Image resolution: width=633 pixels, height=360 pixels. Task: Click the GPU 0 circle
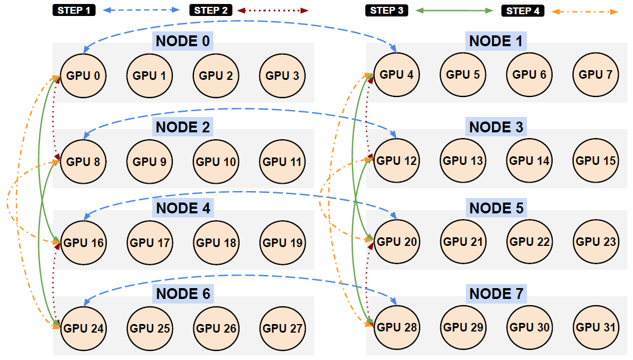pyautogui.click(x=84, y=75)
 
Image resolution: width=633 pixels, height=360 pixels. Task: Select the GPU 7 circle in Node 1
pyautogui.click(x=596, y=75)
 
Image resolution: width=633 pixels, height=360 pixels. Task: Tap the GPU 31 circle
pyautogui.click(x=596, y=327)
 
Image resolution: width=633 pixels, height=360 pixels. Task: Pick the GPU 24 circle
pyautogui.click(x=84, y=328)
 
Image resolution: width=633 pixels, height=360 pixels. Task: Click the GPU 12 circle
pyautogui.click(x=397, y=161)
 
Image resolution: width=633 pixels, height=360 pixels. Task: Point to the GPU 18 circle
pyautogui.click(x=216, y=243)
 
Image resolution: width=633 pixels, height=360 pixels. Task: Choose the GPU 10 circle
pyautogui.click(x=216, y=162)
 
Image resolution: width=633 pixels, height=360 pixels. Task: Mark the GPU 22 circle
pyautogui.click(x=530, y=242)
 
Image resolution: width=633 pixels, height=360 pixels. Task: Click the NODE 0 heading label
pyautogui.click(x=183, y=41)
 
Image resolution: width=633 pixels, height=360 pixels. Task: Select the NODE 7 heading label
pyautogui.click(x=496, y=294)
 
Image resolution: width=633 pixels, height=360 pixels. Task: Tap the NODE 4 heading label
pyautogui.click(x=183, y=208)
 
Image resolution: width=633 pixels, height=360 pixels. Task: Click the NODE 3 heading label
pyautogui.click(x=496, y=127)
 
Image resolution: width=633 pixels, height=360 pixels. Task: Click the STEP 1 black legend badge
pyautogui.click(x=74, y=10)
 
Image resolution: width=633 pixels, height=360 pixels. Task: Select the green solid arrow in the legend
pyautogui.click(x=454, y=11)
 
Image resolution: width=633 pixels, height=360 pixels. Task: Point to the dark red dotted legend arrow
pyautogui.click(x=273, y=10)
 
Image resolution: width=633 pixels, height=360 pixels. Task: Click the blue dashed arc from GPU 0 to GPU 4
pyautogui.click(x=240, y=21)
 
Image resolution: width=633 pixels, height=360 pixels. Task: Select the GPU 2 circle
pyautogui.click(x=216, y=75)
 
